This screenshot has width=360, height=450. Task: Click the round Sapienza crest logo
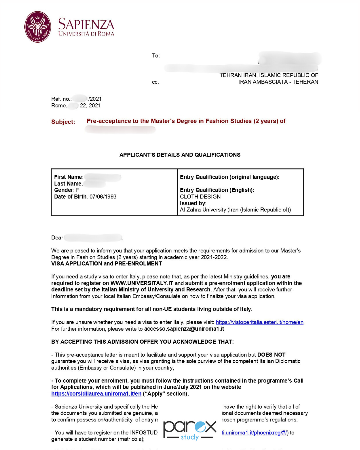(38, 27)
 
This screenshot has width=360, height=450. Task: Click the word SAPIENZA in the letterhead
(86, 24)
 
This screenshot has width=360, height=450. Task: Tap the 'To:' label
(156, 56)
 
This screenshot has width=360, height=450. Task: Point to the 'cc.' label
(155, 82)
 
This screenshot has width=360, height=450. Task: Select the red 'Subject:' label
(63, 122)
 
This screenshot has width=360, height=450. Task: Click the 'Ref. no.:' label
(61, 99)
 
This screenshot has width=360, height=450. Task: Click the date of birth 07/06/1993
(103, 197)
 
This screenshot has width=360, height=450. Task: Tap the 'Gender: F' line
(67, 190)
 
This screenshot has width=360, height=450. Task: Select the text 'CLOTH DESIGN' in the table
(200, 197)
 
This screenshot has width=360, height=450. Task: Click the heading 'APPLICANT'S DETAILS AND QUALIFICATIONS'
(180, 155)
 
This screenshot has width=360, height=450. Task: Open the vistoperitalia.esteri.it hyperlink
(259, 322)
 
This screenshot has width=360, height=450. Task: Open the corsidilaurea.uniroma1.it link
(96, 394)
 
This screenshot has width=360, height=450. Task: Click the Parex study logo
(190, 430)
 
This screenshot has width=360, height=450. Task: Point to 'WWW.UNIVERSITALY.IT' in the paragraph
(142, 283)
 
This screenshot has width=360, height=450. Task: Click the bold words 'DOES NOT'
(271, 355)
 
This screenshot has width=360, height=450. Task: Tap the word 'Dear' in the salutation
(57, 238)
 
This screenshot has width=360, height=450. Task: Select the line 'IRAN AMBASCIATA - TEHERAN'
(278, 82)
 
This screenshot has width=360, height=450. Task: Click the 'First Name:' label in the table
(69, 177)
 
